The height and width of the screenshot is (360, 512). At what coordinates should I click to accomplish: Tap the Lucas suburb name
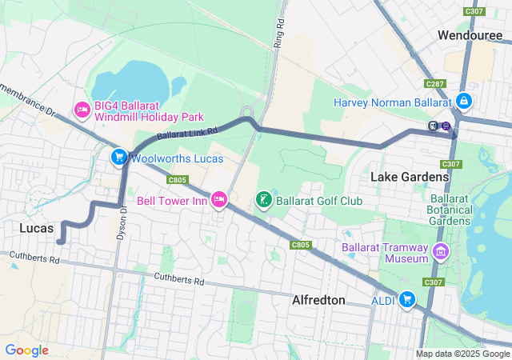point(35,228)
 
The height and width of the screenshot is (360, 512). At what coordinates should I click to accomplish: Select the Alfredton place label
point(318,300)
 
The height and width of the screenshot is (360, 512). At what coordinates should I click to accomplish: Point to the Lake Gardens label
point(409,176)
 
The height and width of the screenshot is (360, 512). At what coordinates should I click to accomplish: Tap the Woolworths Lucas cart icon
point(118,157)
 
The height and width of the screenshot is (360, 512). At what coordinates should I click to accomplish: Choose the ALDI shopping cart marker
point(407,298)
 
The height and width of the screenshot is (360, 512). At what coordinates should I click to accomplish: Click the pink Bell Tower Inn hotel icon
point(218,199)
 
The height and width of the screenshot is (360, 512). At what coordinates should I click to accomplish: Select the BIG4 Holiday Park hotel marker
point(82,109)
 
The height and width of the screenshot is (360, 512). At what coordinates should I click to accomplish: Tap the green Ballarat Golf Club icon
point(262,199)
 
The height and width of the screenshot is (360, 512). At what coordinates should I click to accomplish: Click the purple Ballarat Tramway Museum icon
point(438,254)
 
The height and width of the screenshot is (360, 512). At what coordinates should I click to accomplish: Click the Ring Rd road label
point(279,34)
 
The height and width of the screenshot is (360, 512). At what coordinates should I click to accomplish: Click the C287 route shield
point(435,83)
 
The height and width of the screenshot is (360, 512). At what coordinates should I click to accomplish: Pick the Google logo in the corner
point(27,350)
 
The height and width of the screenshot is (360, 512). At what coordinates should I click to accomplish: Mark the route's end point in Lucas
point(60,241)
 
